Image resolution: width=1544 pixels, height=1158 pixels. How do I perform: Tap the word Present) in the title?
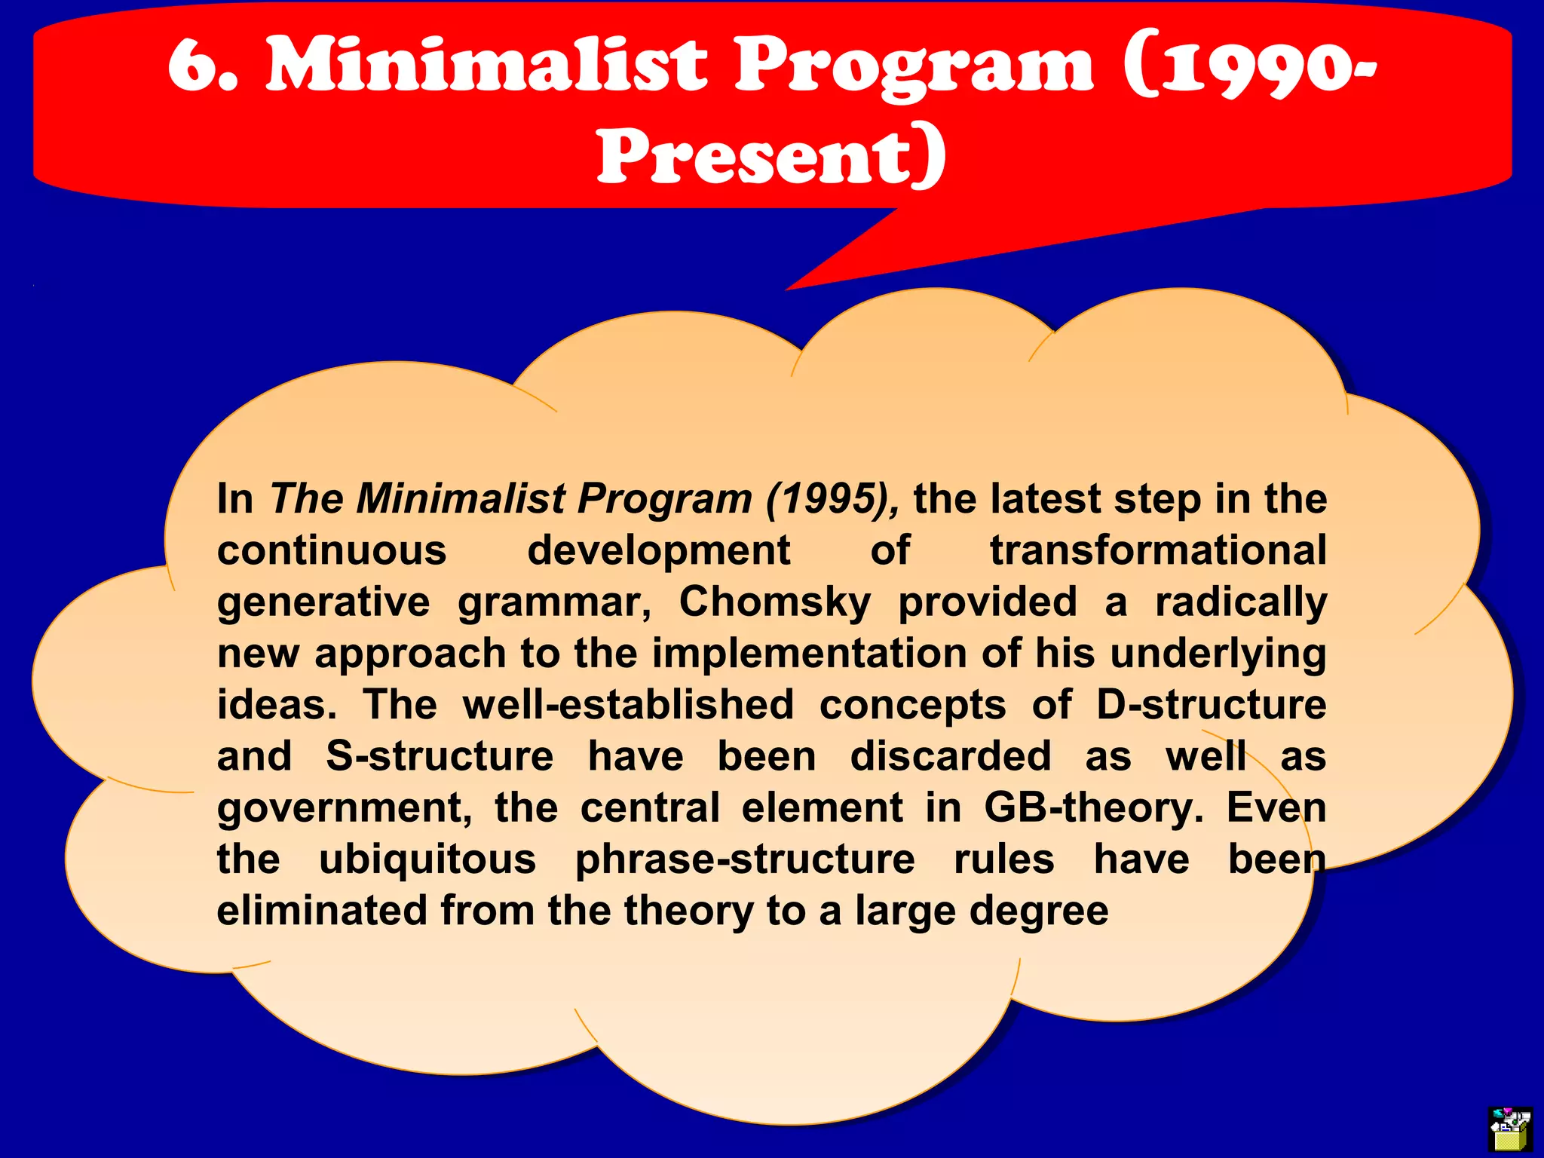click(771, 156)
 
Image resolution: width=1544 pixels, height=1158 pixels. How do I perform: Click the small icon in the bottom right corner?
click(1510, 1128)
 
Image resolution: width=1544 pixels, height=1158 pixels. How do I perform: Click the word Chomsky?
click(774, 602)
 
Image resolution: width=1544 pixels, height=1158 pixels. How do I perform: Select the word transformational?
click(1157, 550)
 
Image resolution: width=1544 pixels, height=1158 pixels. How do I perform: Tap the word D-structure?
click(1211, 705)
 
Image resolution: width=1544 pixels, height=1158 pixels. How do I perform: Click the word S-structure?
click(440, 756)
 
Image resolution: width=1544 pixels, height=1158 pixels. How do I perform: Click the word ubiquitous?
click(427, 859)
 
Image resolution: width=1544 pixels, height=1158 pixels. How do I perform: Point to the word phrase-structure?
click(745, 859)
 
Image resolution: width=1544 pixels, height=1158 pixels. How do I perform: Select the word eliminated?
click(322, 911)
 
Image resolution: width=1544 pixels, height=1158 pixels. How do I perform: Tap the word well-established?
click(628, 705)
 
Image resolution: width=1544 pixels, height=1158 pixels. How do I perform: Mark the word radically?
click(1240, 602)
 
